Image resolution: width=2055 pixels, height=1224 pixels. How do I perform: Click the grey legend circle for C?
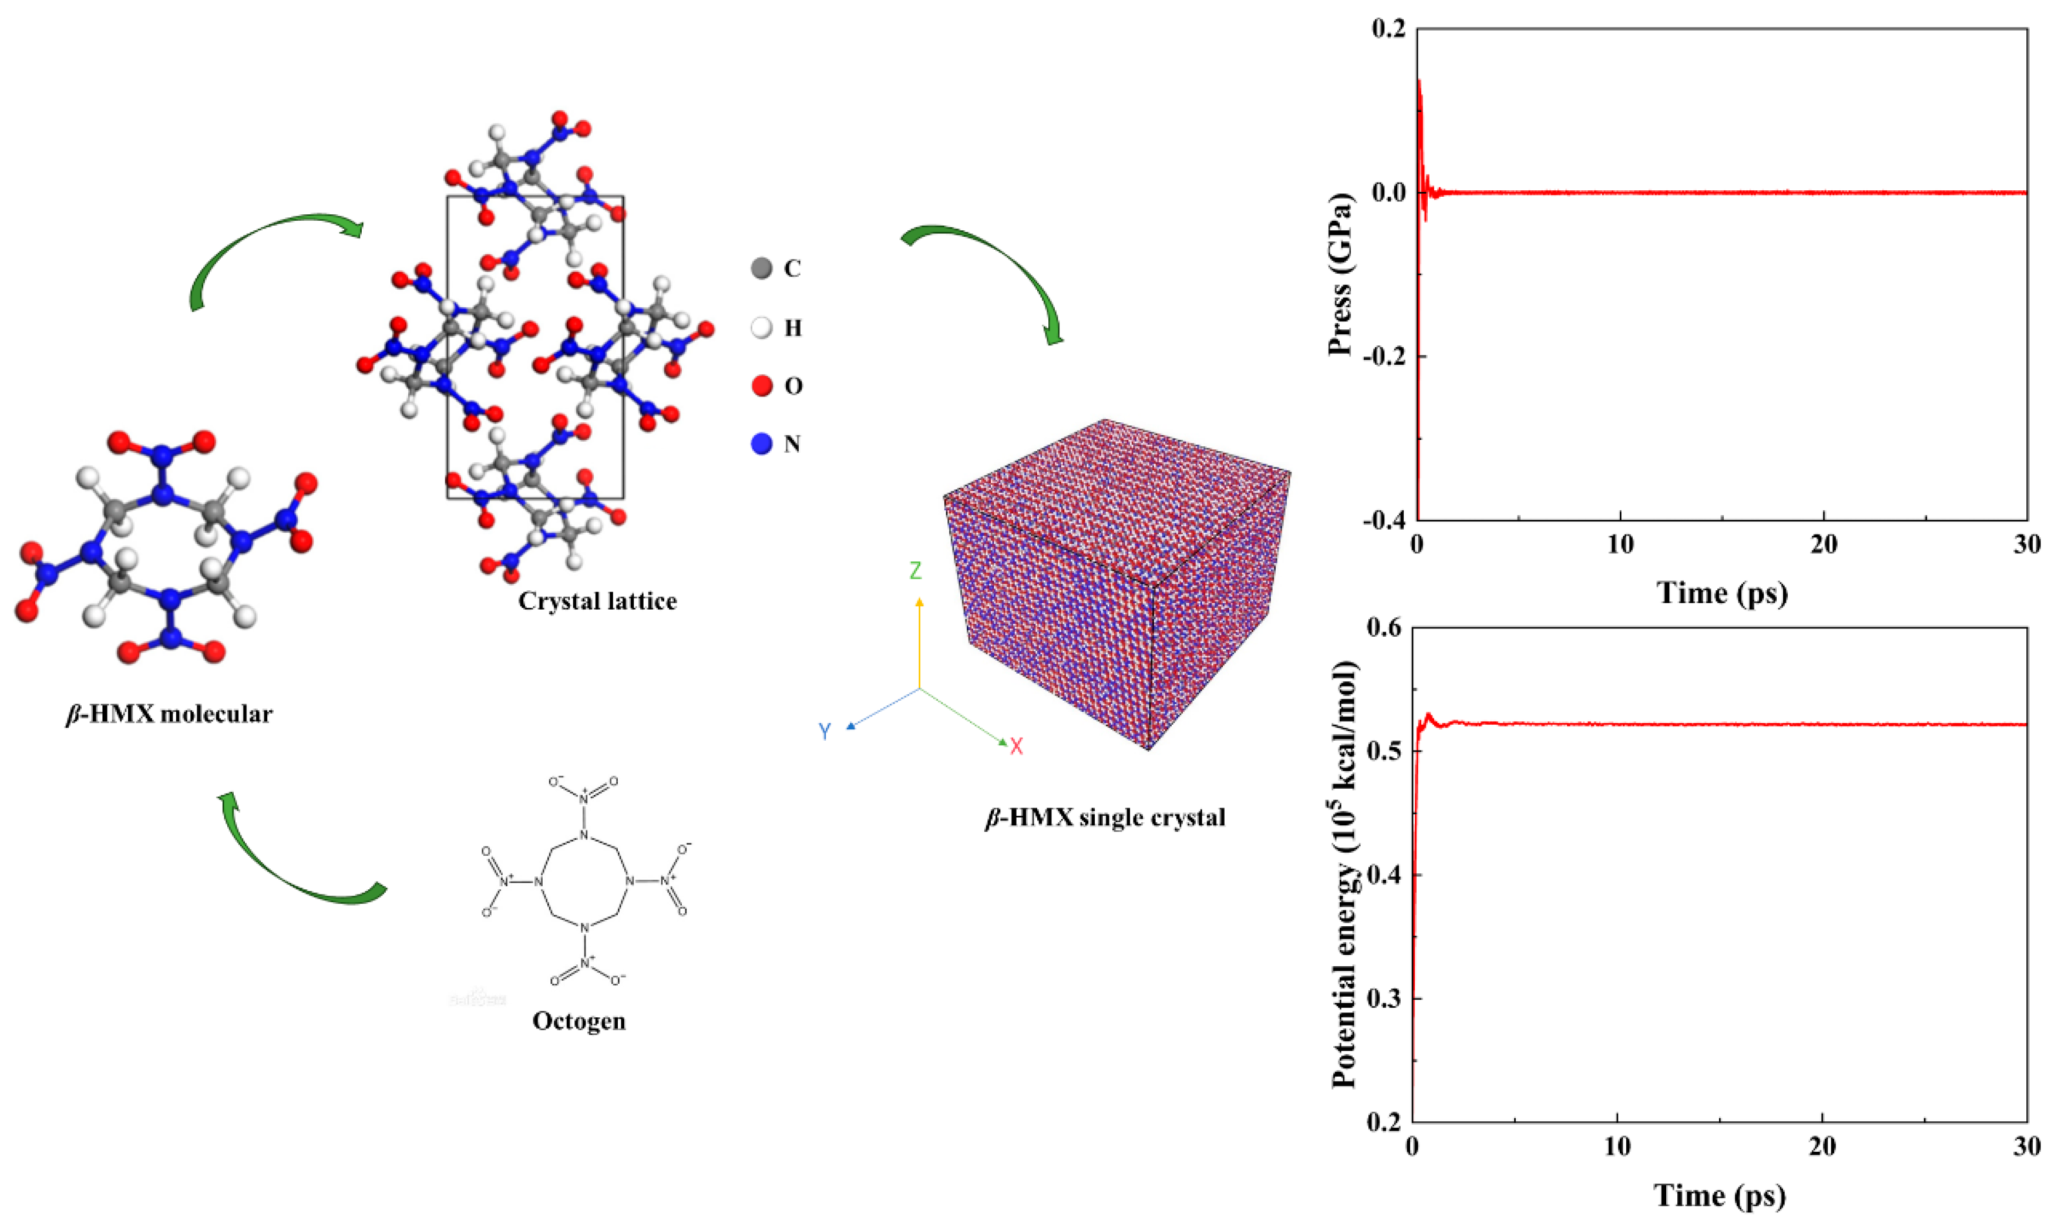[761, 268]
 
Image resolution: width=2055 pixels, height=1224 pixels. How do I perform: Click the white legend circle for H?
[761, 328]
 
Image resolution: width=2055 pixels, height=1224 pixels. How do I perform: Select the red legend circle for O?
[761, 385]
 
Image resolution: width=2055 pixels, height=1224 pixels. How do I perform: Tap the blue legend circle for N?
[761, 444]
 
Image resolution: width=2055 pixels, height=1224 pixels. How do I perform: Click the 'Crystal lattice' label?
[597, 601]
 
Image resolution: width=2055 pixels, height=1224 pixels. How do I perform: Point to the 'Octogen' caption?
[579, 1021]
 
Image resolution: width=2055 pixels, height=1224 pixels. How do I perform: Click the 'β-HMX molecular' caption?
[169, 714]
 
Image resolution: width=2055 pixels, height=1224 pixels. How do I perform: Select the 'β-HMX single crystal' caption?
[1105, 818]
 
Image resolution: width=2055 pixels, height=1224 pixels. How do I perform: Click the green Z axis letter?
[916, 570]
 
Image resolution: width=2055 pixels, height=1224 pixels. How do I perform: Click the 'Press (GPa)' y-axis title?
[1341, 275]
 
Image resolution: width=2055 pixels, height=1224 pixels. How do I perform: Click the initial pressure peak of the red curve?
[1419, 82]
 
